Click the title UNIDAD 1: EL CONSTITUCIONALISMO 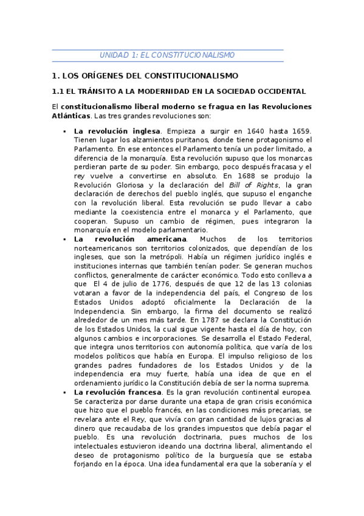(167, 55)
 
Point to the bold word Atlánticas (71, 116)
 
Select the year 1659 (300, 131)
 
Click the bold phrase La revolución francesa (118, 392)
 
